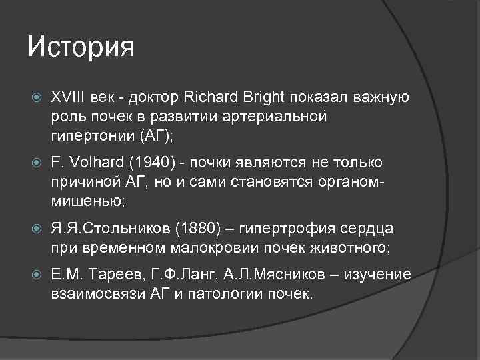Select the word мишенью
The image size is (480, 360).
click(85, 200)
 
